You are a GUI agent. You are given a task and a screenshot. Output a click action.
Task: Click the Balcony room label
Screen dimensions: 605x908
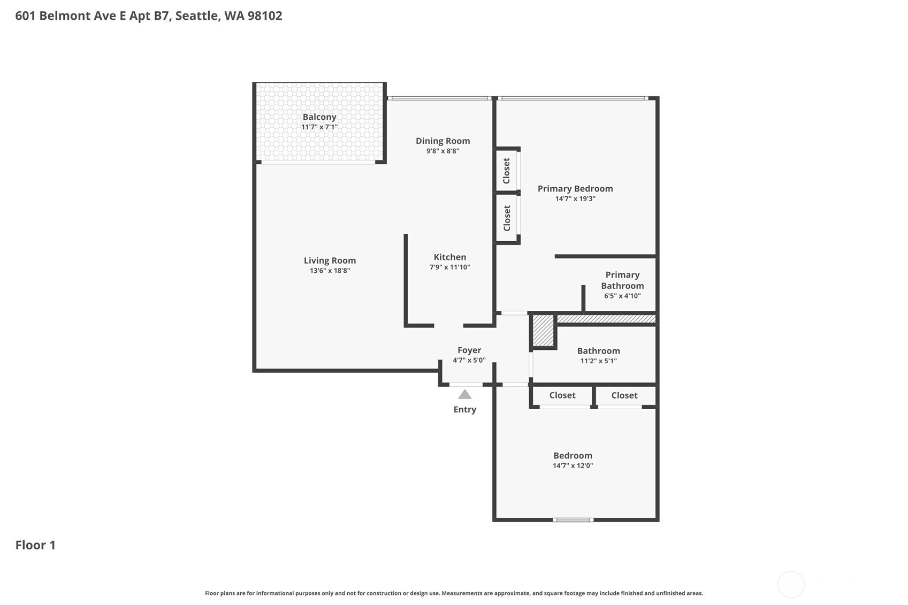click(x=319, y=117)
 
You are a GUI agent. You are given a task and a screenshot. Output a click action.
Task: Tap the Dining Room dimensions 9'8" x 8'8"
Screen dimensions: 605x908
click(x=442, y=151)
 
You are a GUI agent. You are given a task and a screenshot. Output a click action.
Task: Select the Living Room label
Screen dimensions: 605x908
click(x=330, y=261)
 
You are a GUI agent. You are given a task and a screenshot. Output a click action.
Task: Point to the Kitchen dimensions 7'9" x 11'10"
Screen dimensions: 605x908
click(x=449, y=267)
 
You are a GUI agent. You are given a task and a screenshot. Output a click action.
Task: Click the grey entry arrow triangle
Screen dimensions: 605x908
click(x=464, y=395)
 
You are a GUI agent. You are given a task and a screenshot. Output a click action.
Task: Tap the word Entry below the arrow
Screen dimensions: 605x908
click(x=464, y=409)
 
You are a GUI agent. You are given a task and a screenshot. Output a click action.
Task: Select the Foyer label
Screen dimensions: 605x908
click(x=469, y=350)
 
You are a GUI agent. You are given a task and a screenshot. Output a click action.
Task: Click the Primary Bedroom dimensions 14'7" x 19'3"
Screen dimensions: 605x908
click(x=575, y=198)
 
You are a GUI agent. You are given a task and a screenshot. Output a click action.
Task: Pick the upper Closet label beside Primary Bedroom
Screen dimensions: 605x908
click(x=507, y=171)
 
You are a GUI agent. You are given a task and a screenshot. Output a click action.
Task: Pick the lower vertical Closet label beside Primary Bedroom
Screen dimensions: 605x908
click(x=507, y=218)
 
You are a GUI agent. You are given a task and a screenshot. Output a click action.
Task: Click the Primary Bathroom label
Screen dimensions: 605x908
click(x=622, y=280)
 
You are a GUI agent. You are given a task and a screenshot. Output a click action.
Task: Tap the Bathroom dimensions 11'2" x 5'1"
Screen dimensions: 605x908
click(x=598, y=361)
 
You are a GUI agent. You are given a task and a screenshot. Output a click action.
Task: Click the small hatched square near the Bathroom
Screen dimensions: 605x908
click(x=543, y=331)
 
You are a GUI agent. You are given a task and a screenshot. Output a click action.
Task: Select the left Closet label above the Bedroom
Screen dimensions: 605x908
click(x=562, y=395)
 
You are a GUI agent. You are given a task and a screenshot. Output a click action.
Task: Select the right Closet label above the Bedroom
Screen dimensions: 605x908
click(x=624, y=395)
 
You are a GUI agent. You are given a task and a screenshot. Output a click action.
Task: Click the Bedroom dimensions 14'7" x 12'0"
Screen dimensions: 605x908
click(x=573, y=465)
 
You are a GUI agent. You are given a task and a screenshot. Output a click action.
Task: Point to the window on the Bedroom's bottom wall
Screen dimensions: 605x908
click(x=573, y=519)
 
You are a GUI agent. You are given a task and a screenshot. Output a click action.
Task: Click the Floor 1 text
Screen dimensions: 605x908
click(x=35, y=545)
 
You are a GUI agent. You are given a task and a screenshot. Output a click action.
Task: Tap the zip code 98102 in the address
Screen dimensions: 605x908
click(x=264, y=16)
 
